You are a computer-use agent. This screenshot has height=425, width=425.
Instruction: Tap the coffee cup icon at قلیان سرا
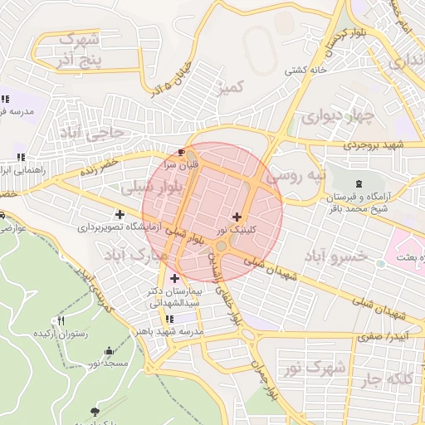click(182, 152)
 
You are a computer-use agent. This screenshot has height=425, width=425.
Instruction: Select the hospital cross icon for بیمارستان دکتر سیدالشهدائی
click(174, 278)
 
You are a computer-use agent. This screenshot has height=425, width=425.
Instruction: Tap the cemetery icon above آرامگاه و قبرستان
click(358, 183)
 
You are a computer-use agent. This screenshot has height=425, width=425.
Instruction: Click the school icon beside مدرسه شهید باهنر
click(170, 319)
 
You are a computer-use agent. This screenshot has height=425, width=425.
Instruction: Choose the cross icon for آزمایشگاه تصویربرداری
click(120, 215)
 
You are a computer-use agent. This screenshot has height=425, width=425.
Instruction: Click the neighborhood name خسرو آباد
click(335, 256)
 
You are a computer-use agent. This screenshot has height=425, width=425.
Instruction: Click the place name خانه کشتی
click(305, 71)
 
